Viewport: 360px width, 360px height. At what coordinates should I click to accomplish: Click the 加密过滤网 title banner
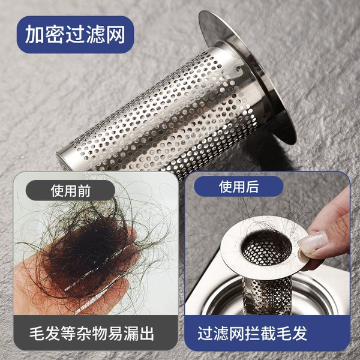pyautogui.click(x=76, y=34)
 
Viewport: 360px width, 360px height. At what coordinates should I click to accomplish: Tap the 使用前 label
pyautogui.click(x=70, y=190)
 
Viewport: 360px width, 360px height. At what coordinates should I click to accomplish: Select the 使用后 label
pyautogui.click(x=239, y=187)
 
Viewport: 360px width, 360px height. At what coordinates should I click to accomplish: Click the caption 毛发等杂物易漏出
pyautogui.click(x=92, y=333)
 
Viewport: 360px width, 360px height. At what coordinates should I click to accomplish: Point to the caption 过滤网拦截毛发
pyautogui.click(x=253, y=333)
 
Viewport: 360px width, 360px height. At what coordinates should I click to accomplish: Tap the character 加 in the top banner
pyautogui.click(x=34, y=34)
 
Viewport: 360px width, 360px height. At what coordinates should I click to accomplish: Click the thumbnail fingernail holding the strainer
pyautogui.click(x=313, y=242)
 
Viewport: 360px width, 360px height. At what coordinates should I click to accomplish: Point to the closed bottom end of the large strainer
pyautogui.click(x=62, y=160)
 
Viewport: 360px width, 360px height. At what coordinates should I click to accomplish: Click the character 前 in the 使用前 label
pyautogui.click(x=84, y=191)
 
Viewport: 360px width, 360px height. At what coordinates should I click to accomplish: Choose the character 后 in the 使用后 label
pyautogui.click(x=252, y=187)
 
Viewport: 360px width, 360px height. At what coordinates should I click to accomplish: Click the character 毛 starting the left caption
pyautogui.click(x=37, y=333)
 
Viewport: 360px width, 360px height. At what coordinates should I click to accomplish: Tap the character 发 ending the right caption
pyautogui.click(x=299, y=333)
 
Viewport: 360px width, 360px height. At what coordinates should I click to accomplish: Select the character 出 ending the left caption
pyautogui.click(x=146, y=333)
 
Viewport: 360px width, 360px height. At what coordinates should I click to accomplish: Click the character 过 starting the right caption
pyautogui.click(x=205, y=333)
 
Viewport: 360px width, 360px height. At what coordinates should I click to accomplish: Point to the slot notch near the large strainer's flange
pyautogui.click(x=240, y=69)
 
